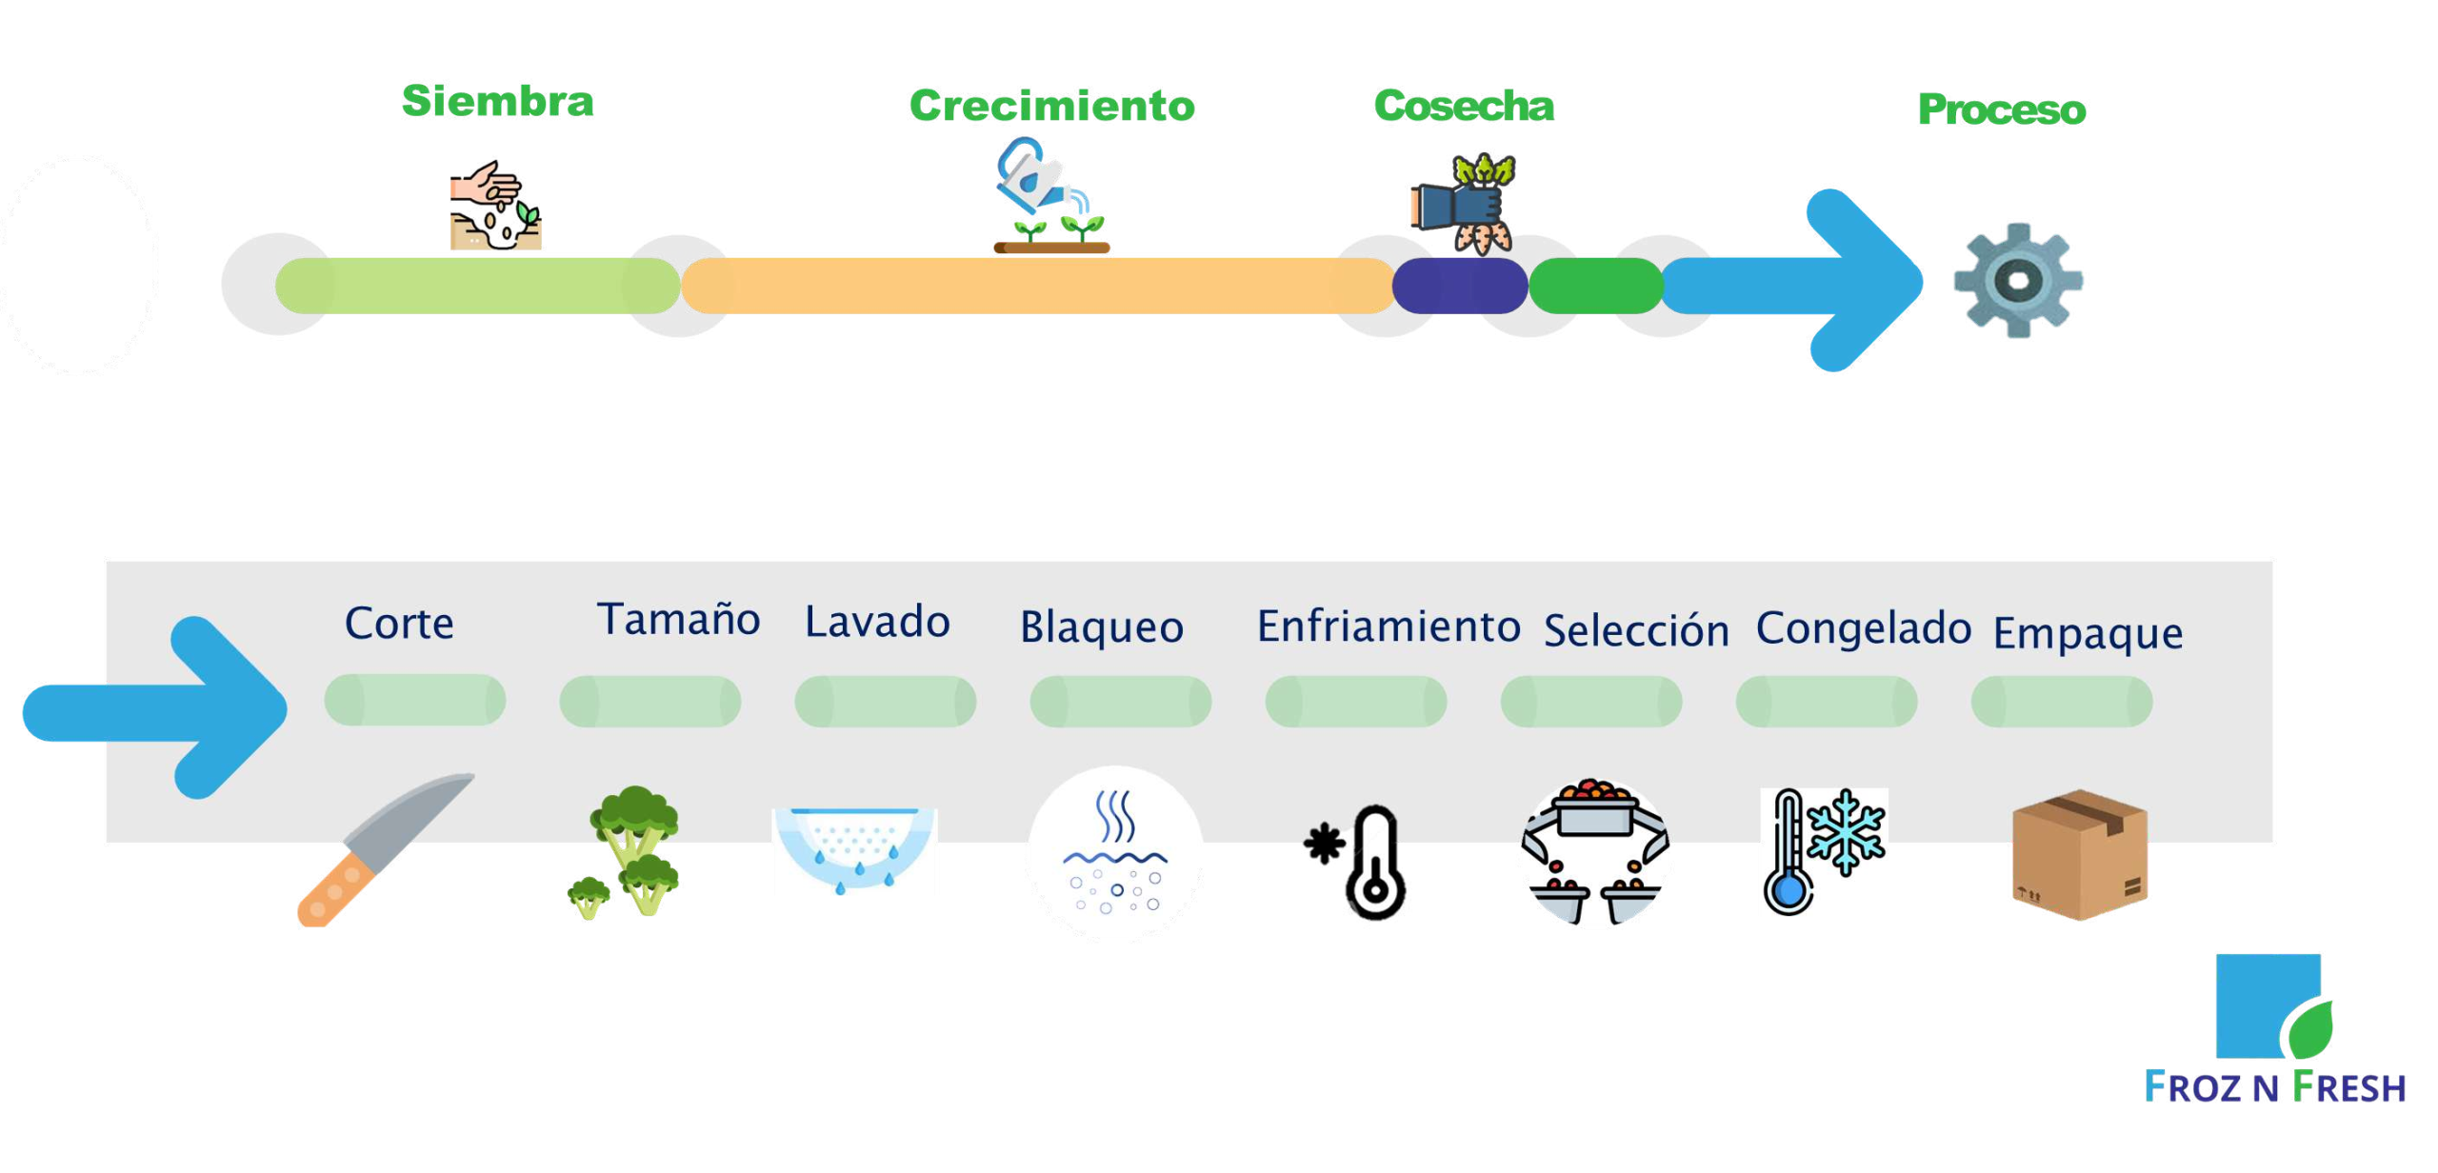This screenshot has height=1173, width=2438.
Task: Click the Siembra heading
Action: (496, 101)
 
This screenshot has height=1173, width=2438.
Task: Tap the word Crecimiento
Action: (1050, 105)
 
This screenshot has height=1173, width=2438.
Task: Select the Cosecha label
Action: (1463, 105)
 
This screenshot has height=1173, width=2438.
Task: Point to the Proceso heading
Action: (2000, 109)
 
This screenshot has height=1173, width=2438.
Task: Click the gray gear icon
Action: (2017, 280)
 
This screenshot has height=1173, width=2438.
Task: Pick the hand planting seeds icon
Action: (495, 205)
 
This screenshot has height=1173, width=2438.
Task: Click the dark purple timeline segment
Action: (1459, 286)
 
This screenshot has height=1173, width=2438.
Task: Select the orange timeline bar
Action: (1037, 286)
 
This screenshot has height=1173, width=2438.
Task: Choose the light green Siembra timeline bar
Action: (477, 286)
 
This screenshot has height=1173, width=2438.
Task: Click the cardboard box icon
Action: (2079, 855)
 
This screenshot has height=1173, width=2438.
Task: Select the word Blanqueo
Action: (1101, 627)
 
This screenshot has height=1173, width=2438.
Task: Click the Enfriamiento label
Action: (1388, 626)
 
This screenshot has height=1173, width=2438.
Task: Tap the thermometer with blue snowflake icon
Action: (1823, 851)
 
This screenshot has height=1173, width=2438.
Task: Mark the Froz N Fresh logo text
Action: (2274, 1086)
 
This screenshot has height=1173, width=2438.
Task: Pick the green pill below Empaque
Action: (2061, 702)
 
